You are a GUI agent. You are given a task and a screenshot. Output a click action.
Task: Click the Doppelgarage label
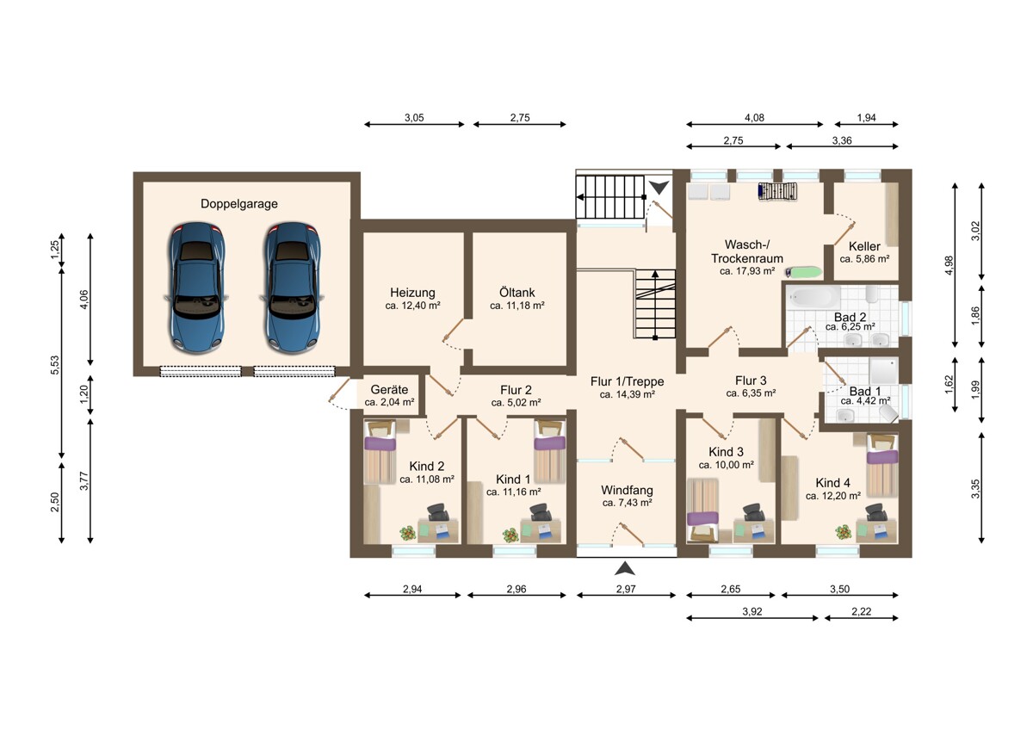tap(239, 204)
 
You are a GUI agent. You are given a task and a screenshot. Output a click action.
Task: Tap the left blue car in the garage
tap(197, 288)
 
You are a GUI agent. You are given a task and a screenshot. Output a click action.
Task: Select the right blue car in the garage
tap(292, 288)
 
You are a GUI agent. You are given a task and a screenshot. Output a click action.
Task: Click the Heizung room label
tap(412, 293)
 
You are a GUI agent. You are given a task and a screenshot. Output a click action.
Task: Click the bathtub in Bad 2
tap(813, 297)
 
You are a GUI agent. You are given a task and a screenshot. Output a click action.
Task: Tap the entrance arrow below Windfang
tap(625, 568)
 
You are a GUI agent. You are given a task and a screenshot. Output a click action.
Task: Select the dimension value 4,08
tap(754, 118)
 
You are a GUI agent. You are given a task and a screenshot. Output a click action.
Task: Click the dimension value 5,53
tap(55, 365)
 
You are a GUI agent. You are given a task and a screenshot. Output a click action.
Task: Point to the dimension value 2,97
tap(626, 589)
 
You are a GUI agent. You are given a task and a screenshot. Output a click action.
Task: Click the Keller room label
tap(864, 246)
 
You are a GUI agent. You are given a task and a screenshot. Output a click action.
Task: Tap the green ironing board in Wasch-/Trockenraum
tap(804, 272)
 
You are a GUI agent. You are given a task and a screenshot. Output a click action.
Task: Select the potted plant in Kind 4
tap(843, 532)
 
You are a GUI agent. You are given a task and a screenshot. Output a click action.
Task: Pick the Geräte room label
tap(389, 390)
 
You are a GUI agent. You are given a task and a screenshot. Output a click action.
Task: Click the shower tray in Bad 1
tap(883, 371)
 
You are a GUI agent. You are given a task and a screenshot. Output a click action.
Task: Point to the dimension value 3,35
tap(974, 489)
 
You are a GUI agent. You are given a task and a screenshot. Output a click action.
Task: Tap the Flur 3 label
tap(751, 380)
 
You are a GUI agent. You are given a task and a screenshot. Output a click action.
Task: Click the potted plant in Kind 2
tap(408, 534)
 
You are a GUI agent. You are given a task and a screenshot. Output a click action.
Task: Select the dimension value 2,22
tap(862, 611)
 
